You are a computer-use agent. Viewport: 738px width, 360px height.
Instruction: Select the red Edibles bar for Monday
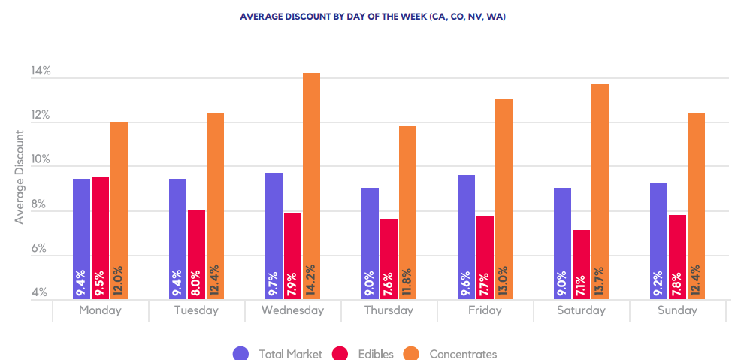tap(101, 237)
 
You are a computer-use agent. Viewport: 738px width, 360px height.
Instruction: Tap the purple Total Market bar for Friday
tap(466, 237)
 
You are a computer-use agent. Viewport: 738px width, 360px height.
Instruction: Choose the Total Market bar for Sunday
tap(658, 241)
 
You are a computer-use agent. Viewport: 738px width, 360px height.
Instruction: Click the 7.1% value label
tap(582, 282)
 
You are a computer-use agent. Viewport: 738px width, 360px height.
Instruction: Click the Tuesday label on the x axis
tap(196, 310)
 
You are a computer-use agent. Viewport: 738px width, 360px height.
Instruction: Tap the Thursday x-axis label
tap(389, 310)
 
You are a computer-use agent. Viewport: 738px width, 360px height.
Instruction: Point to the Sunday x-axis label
tap(677, 310)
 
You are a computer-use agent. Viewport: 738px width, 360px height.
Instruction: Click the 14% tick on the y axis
tap(41, 72)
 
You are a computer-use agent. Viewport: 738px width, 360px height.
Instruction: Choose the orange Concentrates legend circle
tap(412, 354)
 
